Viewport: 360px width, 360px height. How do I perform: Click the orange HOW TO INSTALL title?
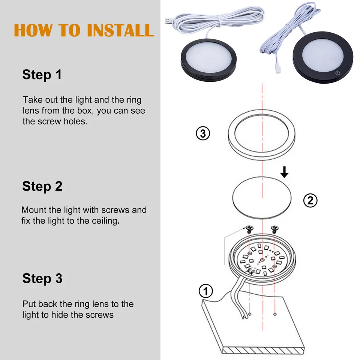tap(84, 30)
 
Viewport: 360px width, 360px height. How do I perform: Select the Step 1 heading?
tap(42, 74)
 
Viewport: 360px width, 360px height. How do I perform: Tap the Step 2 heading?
tap(42, 186)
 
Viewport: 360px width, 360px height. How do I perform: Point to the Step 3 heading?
tap(42, 278)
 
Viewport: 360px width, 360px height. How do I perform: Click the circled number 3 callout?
tap(203, 133)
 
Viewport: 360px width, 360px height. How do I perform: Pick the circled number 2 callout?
tap(310, 201)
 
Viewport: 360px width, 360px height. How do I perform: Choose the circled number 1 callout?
tap(205, 291)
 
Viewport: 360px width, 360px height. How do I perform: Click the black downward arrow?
tap(285, 172)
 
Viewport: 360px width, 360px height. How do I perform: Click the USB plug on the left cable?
tap(167, 20)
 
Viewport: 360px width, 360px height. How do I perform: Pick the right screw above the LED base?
tap(275, 228)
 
